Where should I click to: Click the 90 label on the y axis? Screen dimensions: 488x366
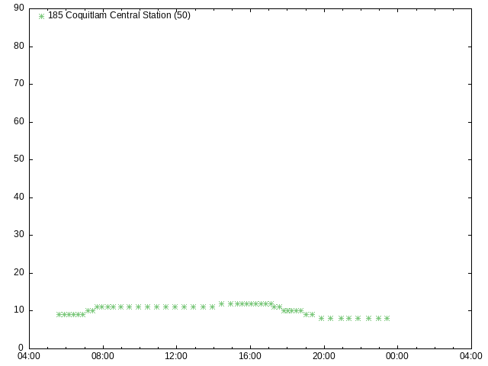click(19, 8)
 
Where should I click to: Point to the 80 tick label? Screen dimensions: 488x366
click(19, 46)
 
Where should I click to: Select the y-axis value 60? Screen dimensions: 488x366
click(19, 121)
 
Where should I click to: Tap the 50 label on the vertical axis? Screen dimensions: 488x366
click(19, 159)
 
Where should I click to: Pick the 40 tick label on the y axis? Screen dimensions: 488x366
click(19, 197)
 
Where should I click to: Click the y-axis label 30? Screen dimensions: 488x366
click(19, 235)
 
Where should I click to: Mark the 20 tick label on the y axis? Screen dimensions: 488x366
click(19, 273)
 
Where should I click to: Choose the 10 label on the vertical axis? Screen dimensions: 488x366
click(19, 310)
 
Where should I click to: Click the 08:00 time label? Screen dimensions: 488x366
click(103, 356)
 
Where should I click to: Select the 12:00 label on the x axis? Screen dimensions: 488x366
click(176, 356)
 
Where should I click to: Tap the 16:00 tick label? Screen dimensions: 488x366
click(250, 356)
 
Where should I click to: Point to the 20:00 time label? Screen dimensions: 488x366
click(324, 356)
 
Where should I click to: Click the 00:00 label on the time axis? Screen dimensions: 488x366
click(397, 356)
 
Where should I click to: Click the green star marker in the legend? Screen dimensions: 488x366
click(41, 16)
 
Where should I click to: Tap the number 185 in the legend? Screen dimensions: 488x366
click(56, 15)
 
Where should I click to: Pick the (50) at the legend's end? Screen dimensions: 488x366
click(182, 15)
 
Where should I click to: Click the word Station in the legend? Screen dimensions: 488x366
click(157, 15)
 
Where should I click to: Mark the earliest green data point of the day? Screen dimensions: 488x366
click(59, 315)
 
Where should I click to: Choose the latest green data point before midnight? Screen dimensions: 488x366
click(387, 319)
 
